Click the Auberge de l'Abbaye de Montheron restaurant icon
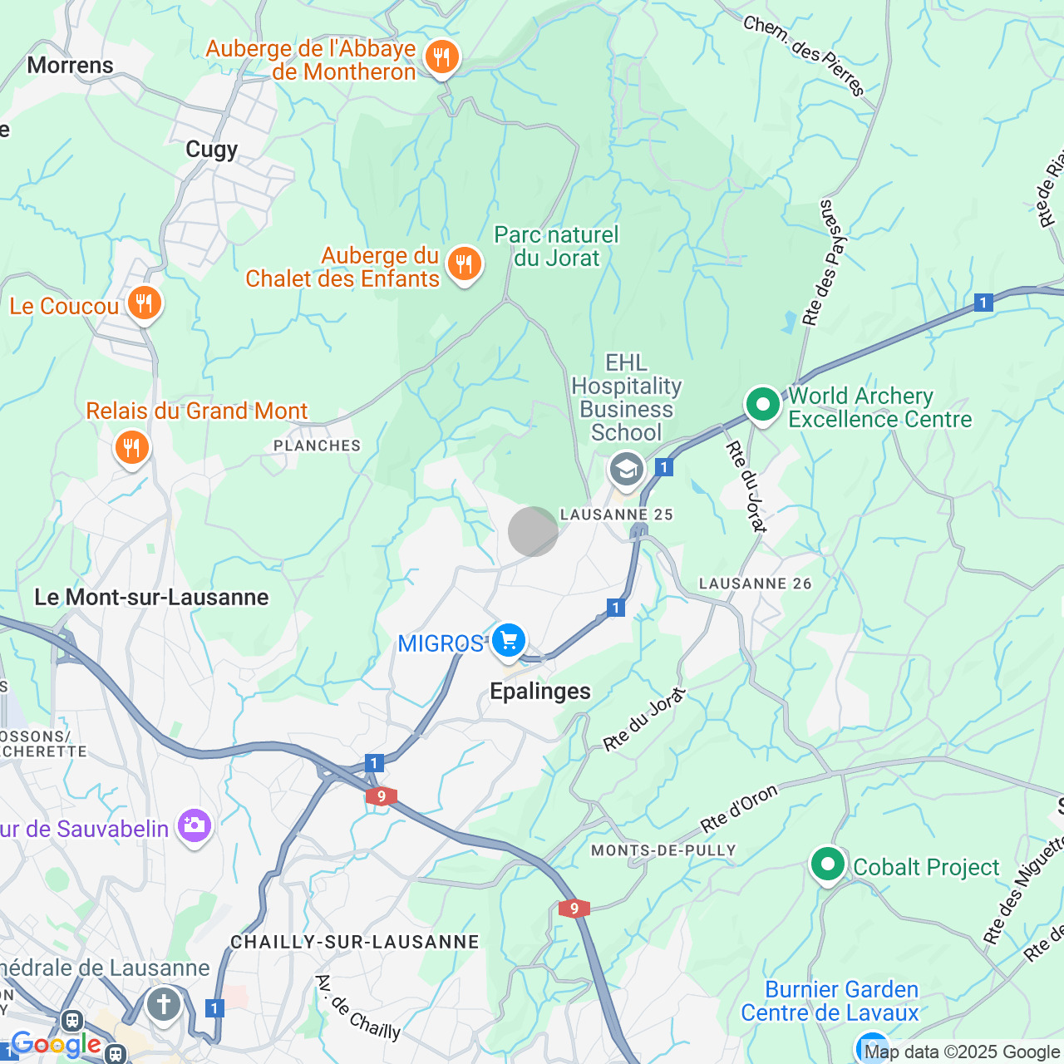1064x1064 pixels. (x=441, y=58)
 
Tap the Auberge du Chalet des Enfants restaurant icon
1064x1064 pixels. (x=464, y=265)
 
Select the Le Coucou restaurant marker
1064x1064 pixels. (x=145, y=303)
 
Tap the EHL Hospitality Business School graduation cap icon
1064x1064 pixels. (x=626, y=470)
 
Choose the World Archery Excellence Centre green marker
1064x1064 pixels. (x=762, y=405)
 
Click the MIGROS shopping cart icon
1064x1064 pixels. (x=508, y=642)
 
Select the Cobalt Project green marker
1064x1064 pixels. (x=827, y=865)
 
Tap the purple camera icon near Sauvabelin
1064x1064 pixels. (x=194, y=825)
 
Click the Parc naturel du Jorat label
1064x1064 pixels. (x=556, y=246)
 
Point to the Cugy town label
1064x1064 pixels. (x=211, y=150)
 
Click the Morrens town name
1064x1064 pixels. (x=70, y=66)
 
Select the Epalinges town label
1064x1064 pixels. (x=540, y=692)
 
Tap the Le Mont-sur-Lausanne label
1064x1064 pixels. (x=151, y=598)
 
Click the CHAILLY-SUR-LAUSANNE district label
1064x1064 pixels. (x=355, y=942)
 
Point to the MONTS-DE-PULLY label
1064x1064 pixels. (x=663, y=850)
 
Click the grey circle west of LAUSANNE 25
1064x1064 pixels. (x=533, y=531)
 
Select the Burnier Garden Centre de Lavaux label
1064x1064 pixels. (x=830, y=1002)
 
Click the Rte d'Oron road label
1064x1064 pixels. (x=739, y=809)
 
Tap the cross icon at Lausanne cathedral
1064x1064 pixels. (x=164, y=1004)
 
